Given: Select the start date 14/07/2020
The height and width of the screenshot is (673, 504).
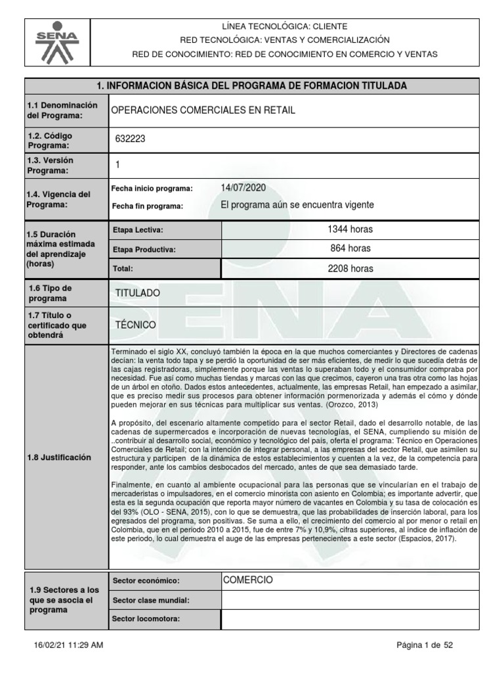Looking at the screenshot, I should [x=243, y=188].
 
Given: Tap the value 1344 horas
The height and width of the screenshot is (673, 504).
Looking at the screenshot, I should [x=350, y=229].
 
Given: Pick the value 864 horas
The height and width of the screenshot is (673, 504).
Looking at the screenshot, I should [x=350, y=248].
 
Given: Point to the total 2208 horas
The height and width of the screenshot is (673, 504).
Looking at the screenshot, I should [x=350, y=268].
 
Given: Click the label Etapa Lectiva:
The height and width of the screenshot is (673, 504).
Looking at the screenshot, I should [x=138, y=230].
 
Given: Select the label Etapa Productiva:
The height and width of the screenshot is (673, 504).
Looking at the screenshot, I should [x=144, y=249].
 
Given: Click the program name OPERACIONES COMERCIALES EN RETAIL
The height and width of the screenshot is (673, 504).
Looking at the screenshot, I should [x=205, y=110].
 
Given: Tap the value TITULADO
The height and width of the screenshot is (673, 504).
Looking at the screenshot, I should [x=136, y=292].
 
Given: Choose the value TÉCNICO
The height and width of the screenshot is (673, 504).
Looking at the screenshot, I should [x=135, y=324].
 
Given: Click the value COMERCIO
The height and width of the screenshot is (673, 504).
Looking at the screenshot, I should [x=247, y=580].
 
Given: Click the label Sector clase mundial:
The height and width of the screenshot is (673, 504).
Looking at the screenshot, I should [x=151, y=600].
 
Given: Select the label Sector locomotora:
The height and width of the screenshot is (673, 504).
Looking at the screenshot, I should [x=146, y=619].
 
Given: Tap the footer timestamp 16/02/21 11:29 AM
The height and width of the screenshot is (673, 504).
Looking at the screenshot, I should [x=68, y=645].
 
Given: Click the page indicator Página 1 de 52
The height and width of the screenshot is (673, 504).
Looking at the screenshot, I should [x=425, y=645].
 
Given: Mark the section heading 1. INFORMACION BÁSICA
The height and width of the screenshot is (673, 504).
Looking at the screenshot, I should [x=251, y=86].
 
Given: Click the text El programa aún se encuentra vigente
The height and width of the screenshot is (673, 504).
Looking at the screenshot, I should [x=298, y=205].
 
